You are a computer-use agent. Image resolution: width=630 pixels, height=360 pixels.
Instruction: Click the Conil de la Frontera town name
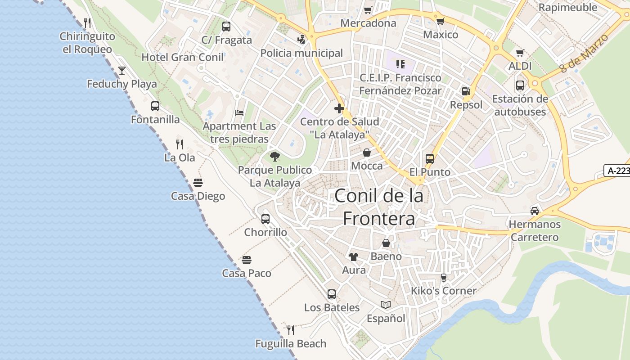point(379,207)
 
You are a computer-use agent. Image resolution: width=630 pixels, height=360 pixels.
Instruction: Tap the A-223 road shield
point(618,171)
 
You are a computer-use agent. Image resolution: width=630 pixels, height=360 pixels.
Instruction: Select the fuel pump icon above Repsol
point(466,91)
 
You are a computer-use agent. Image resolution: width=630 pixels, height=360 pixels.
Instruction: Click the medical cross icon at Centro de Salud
point(339,108)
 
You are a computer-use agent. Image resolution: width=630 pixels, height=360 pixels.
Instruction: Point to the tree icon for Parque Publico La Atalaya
point(275,157)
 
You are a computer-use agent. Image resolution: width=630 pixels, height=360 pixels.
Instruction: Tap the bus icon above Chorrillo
point(265,219)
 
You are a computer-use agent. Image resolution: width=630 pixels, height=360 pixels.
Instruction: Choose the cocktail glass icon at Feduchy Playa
point(122,71)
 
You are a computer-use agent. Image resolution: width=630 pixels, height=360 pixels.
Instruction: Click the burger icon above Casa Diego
point(198,183)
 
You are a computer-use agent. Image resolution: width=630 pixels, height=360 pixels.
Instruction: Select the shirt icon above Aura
point(354,257)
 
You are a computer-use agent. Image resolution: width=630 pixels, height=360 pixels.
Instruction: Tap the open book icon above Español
point(386,305)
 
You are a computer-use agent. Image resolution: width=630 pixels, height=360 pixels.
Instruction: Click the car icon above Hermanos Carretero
point(535,211)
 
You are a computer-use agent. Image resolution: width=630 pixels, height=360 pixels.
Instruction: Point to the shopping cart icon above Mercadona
point(368,10)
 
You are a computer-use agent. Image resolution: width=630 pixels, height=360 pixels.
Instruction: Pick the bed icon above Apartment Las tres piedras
point(239,113)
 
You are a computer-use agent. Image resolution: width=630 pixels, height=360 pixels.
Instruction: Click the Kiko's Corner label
point(443,291)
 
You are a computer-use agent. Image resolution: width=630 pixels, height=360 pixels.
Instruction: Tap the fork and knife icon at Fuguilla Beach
point(291,330)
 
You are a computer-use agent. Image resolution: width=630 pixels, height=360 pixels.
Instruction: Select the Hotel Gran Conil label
point(182,57)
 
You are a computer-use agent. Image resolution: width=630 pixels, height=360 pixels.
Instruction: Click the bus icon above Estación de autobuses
point(520,85)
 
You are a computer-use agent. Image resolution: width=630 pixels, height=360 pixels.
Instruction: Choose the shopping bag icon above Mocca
point(367,153)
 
